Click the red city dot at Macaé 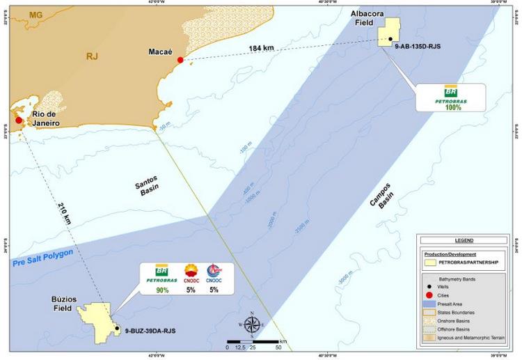pyautogui.click(x=180, y=60)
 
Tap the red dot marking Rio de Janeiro pyautogui.click(x=19, y=120)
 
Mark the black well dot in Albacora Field pyautogui.click(x=390, y=39)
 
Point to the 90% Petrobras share pyautogui.click(x=163, y=289)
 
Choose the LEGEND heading pyautogui.click(x=464, y=240)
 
